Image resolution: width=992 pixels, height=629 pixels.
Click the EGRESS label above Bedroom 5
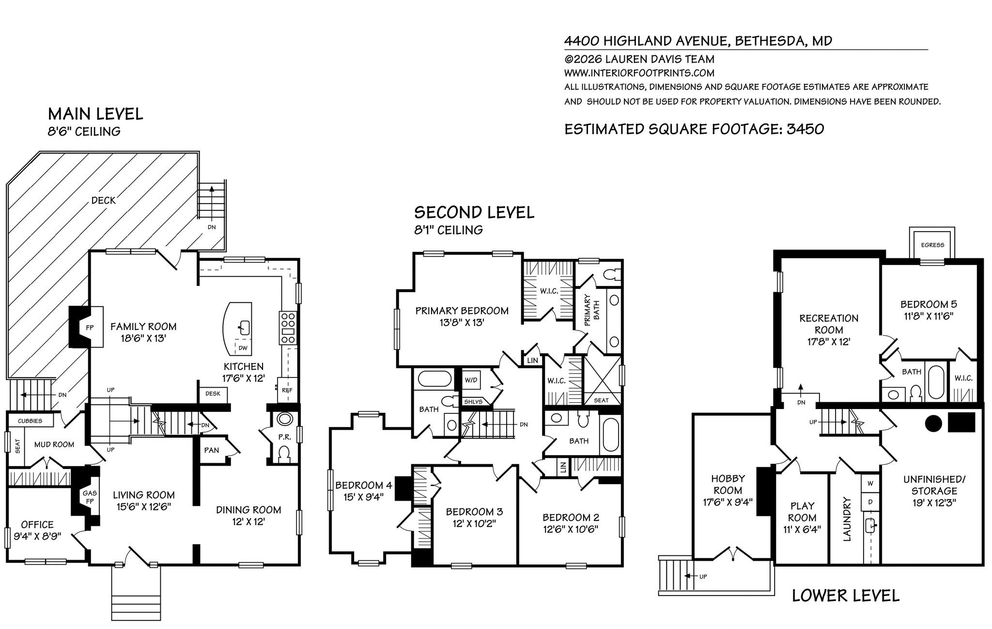click(932, 245)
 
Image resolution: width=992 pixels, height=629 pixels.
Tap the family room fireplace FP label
click(90, 328)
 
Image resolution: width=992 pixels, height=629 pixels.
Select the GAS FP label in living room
click(90, 497)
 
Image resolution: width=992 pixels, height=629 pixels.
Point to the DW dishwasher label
click(243, 348)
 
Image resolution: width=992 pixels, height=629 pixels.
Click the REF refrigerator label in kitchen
click(287, 390)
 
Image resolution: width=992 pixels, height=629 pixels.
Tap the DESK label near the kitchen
click(213, 393)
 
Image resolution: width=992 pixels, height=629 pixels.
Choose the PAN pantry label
click(212, 450)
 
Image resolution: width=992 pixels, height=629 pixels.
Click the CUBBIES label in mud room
click(30, 421)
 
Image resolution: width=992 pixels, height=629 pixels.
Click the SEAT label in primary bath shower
click(601, 400)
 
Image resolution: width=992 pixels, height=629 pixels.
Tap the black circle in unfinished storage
click(933, 424)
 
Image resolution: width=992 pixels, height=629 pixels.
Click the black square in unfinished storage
click(961, 422)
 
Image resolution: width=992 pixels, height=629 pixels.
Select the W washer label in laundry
click(870, 483)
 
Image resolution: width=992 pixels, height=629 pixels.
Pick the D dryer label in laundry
click(870, 502)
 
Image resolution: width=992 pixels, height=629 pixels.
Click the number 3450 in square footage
click(806, 129)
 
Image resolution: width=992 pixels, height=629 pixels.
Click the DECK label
click(104, 200)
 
